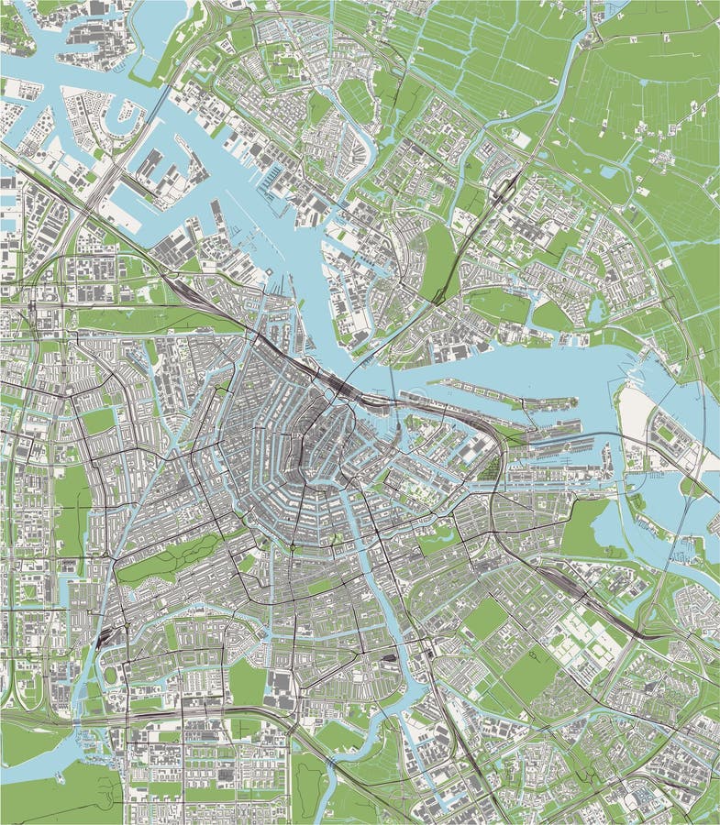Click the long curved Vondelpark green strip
pyautogui.click(x=170, y=559)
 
